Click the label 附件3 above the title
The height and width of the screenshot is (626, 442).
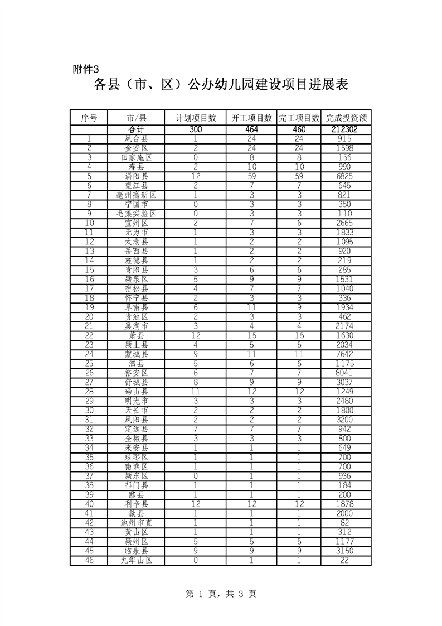tap(86, 70)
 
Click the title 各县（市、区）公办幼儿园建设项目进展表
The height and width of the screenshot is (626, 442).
tap(221, 85)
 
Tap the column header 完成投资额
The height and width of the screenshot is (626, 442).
tap(346, 118)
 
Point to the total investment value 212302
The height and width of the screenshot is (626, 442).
tap(346, 129)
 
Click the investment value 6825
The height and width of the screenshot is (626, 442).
tap(346, 176)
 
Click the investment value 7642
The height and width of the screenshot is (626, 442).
tap(346, 354)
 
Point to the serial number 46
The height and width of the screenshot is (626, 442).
tap(89, 560)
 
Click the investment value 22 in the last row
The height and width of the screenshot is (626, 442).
tap(346, 560)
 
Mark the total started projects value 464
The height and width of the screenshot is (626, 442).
tap(252, 129)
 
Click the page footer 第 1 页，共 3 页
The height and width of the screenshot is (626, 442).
tap(221, 595)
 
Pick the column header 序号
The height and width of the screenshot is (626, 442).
tap(89, 118)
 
